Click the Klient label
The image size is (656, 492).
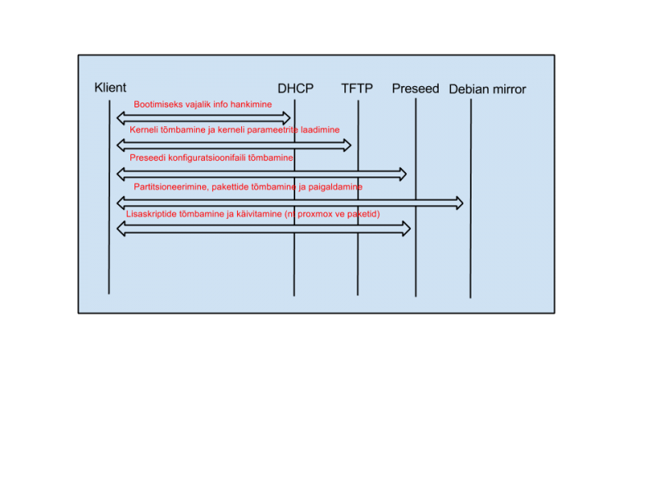[x=110, y=88]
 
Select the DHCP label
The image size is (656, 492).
[x=295, y=89]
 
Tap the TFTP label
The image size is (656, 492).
[x=357, y=88]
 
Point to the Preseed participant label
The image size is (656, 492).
[x=415, y=89]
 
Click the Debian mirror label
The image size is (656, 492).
[x=487, y=89]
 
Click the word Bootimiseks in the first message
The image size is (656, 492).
[x=159, y=105]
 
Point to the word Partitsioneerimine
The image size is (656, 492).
[x=170, y=187]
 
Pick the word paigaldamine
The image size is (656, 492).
[x=335, y=187]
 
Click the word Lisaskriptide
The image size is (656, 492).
[x=153, y=214]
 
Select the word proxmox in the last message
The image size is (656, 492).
[x=313, y=214]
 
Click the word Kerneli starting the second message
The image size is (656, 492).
[x=143, y=130]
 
